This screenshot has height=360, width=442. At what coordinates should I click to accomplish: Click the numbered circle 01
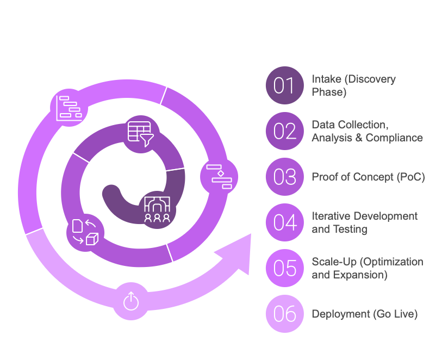(285, 85)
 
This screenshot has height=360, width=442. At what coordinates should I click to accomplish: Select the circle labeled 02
(285, 131)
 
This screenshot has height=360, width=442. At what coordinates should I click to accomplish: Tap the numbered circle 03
(285, 177)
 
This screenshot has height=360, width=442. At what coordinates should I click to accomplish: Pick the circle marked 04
(285, 222)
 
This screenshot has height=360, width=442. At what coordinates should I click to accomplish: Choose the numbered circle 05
(285, 268)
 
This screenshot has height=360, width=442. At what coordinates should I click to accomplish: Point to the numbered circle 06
(285, 314)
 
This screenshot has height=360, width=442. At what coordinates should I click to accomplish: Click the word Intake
(326, 79)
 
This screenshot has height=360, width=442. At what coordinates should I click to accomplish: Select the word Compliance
(394, 138)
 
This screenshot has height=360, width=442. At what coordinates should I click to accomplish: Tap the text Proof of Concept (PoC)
(368, 177)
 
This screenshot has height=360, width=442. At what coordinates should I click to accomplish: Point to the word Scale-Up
(334, 262)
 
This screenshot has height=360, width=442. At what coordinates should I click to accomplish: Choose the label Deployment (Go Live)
(364, 314)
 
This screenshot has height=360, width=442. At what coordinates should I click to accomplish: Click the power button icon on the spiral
(131, 301)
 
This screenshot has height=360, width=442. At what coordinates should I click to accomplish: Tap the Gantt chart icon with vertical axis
(69, 108)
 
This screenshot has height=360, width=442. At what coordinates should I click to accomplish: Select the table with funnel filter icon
(141, 134)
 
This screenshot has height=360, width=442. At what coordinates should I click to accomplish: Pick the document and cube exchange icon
(85, 232)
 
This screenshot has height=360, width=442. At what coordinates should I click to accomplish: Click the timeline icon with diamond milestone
(219, 177)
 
